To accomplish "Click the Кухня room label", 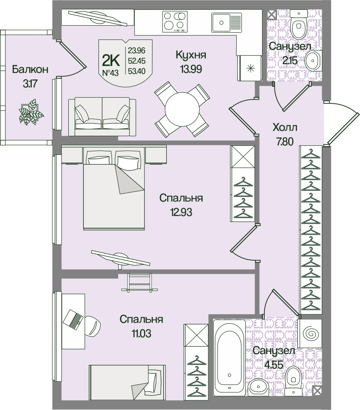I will pyautogui.click(x=191, y=55).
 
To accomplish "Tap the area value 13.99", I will pyautogui.click(x=191, y=68).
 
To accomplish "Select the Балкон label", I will pyautogui.click(x=30, y=70).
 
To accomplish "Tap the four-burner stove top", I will pyautogui.click(x=175, y=21).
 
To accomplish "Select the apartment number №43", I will pyautogui.click(x=110, y=73).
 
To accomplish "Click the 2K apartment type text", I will pyautogui.click(x=110, y=59).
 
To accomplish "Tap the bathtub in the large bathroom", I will pyautogui.click(x=229, y=357).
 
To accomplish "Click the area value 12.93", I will pyautogui.click(x=181, y=212).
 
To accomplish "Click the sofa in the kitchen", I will pyautogui.click(x=102, y=116).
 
